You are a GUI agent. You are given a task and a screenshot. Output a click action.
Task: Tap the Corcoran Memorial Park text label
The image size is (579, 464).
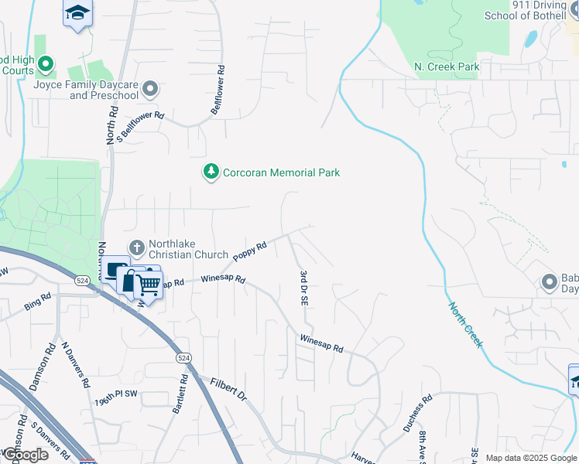(281, 172)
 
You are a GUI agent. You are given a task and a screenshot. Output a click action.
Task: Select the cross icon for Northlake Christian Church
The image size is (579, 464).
(137, 248)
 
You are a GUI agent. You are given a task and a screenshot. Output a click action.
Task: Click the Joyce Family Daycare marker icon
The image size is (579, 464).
(150, 89)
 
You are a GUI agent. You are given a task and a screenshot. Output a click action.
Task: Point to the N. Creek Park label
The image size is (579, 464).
(447, 67)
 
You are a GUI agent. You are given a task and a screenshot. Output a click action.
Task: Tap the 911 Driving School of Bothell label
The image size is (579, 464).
(527, 10)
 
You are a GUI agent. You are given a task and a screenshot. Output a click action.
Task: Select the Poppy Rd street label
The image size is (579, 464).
(249, 251)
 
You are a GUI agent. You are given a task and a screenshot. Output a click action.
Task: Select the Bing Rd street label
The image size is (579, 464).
(37, 301)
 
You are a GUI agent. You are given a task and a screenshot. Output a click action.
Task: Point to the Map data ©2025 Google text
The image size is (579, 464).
(529, 458)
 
